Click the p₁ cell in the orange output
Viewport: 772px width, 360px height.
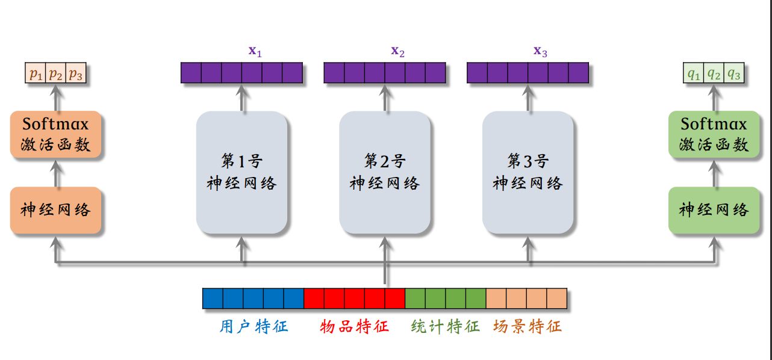[x=36, y=74]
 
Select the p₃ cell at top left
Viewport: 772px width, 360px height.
[x=75, y=74]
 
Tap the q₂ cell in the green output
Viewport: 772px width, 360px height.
[x=714, y=74]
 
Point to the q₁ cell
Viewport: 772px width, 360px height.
[x=694, y=74]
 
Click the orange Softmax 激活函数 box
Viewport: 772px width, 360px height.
[x=56, y=134]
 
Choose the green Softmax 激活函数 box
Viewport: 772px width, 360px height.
[x=714, y=134]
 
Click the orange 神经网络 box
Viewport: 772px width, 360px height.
[x=56, y=209]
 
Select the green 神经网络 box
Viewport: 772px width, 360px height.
[x=714, y=209]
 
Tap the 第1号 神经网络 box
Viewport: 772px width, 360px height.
[x=242, y=172]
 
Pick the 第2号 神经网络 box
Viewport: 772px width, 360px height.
[x=385, y=172]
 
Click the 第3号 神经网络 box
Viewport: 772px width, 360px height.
[x=528, y=172]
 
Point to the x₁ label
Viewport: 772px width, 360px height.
[x=255, y=51]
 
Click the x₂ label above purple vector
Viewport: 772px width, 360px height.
[x=397, y=51]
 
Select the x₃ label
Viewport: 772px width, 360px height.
[x=540, y=51]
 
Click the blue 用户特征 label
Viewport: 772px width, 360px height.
[x=254, y=327]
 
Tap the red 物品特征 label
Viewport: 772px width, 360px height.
[x=355, y=327]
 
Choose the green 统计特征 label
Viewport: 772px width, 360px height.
[x=446, y=327]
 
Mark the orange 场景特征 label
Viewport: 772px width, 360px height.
[x=528, y=327]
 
